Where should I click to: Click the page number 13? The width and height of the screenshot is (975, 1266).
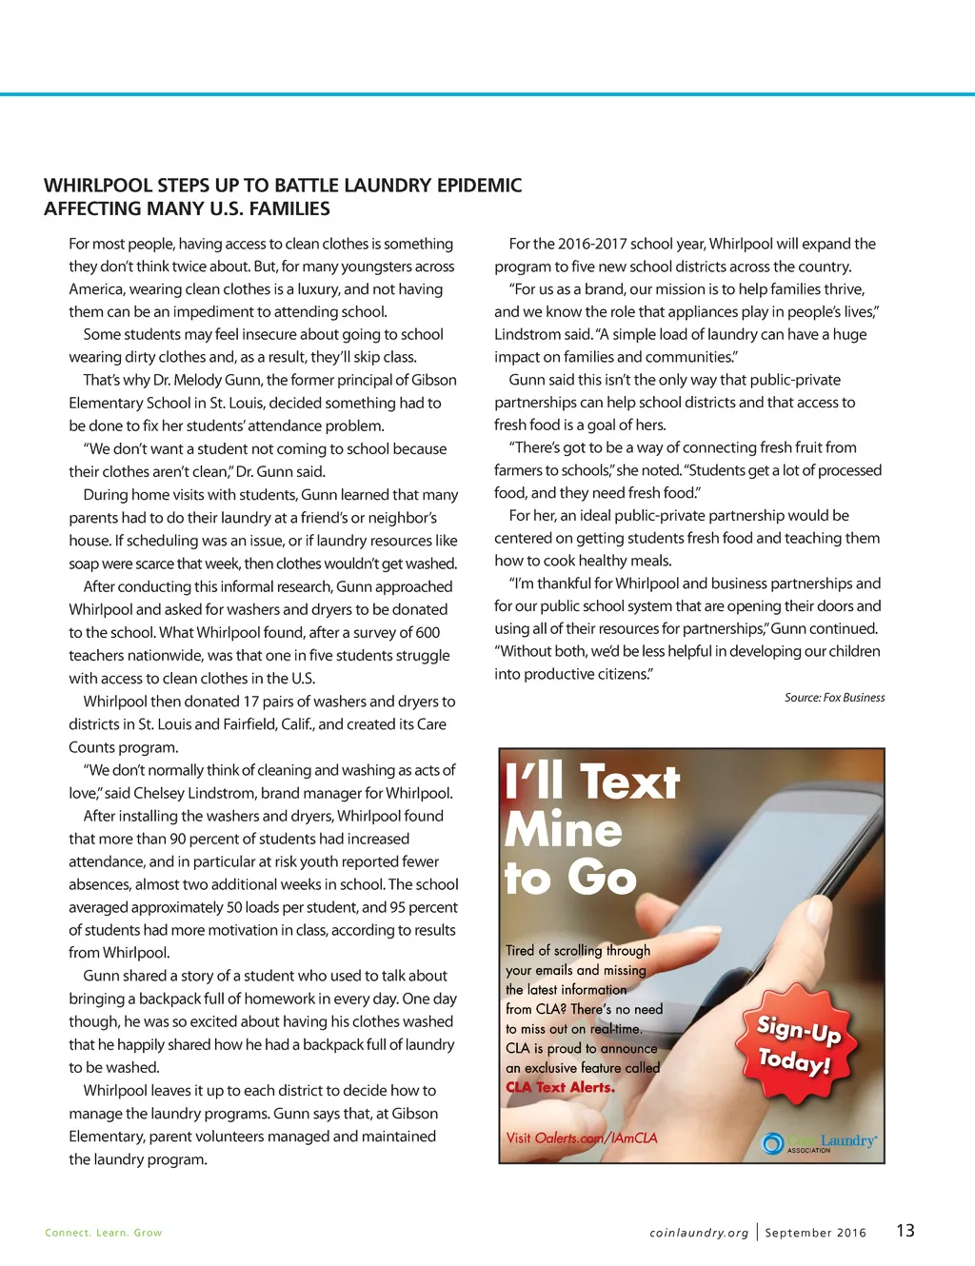coord(905,1230)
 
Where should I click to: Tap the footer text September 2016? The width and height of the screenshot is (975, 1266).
coord(816,1233)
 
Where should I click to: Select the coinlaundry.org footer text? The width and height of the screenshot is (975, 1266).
coord(699,1233)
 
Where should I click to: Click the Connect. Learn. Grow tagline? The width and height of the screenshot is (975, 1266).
coord(104,1233)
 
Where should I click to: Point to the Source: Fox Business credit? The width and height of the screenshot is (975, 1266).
coord(834,698)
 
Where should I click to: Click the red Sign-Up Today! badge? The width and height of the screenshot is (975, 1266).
coord(798,1044)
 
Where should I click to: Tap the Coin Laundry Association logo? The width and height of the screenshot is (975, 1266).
coord(820,1142)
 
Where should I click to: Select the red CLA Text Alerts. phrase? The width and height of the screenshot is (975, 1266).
coord(560,1087)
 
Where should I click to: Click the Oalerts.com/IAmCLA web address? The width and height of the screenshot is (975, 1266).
coord(596,1137)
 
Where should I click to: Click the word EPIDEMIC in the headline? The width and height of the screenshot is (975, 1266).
coord(479,186)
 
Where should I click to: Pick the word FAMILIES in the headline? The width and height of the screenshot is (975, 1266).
coord(287,209)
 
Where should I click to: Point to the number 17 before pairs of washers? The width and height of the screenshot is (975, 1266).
coord(251,702)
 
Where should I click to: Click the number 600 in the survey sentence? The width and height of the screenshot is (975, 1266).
coord(428,632)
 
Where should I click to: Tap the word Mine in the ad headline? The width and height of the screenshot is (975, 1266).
coord(563,830)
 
